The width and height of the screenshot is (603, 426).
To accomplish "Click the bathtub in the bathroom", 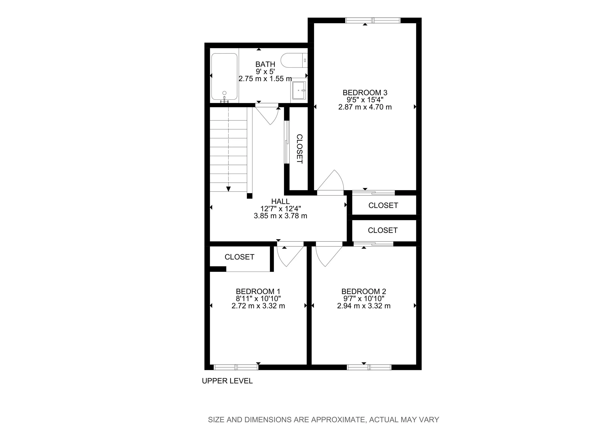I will (x=224, y=77).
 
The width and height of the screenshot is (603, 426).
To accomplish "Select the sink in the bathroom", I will (x=299, y=90).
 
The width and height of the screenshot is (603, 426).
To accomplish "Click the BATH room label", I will (x=265, y=64).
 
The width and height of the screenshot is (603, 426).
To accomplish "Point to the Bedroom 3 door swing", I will (x=332, y=181).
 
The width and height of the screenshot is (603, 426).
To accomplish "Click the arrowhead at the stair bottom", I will (x=228, y=189).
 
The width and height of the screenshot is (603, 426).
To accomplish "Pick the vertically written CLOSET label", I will (x=300, y=149).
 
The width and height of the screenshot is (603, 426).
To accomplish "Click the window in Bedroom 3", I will (x=373, y=20).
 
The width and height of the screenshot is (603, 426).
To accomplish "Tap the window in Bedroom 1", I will (x=236, y=367).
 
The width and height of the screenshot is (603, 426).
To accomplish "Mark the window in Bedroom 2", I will (x=369, y=367).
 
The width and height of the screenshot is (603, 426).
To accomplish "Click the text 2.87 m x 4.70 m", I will (x=365, y=107).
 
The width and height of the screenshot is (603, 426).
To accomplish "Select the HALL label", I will (x=280, y=201).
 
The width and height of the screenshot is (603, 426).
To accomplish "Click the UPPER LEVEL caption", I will (x=227, y=381).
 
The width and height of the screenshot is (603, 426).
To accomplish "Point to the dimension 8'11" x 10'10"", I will (x=258, y=299).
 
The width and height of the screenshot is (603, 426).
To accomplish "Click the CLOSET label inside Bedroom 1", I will (x=239, y=257).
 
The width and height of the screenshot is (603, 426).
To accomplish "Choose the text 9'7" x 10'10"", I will (x=364, y=299).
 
